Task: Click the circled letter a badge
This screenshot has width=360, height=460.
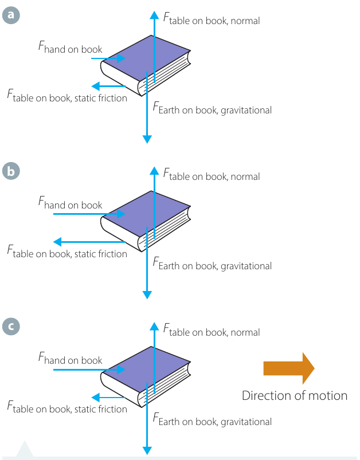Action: pos(11,15)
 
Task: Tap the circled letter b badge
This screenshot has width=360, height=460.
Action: pos(11,171)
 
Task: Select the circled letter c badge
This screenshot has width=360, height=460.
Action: pos(11,326)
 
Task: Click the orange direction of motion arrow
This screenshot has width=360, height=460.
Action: pos(289,368)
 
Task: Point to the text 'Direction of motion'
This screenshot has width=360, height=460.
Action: pos(295,396)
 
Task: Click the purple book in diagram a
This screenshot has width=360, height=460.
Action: pos(146,65)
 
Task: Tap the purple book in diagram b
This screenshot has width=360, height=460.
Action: pos(146,221)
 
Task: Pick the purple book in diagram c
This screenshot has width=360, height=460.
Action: pos(146,377)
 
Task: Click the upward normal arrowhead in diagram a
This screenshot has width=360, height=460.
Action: pos(154,15)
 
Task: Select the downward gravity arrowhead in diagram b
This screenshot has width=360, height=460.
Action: pos(147,295)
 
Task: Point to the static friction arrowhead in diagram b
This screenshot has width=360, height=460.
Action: pos(57,242)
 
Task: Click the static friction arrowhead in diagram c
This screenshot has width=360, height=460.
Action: pos(96,398)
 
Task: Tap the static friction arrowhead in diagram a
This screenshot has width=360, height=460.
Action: pos(96,87)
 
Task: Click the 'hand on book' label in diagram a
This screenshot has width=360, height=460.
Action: pos(70,48)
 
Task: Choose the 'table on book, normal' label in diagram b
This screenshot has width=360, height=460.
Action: pos(212,175)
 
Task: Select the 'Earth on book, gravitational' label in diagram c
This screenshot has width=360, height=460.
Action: pos(212,420)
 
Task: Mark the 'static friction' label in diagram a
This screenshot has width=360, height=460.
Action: pos(101,98)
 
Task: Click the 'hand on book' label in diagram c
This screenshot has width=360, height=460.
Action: pos(70,359)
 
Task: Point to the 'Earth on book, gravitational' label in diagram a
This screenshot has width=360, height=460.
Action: pos(212,108)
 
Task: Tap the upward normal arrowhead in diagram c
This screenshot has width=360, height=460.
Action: pos(154,327)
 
